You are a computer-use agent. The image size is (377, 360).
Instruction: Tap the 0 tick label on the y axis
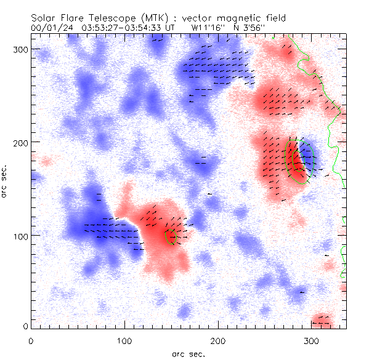pos(25,326)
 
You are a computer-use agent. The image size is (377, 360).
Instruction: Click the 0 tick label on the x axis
pos(31,340)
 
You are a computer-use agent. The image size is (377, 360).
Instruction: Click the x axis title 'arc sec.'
pos(188,354)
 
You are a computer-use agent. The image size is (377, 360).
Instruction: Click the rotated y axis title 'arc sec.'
pos(6,182)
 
